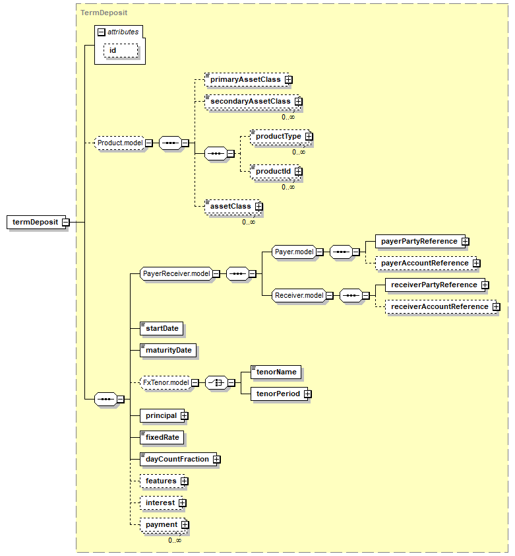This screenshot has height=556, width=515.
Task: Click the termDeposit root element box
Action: click(34, 222)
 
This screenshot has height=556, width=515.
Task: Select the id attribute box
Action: click(120, 50)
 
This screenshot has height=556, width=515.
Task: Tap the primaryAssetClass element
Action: click(245, 79)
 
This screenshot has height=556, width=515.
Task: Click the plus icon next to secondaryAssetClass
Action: click(298, 102)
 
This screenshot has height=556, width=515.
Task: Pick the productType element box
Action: click(278, 136)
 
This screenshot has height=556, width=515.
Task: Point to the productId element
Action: click(273, 171)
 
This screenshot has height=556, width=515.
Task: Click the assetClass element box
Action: click(230, 206)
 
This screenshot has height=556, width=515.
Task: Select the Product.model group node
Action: click(120, 143)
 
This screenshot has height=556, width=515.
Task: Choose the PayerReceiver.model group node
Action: click(176, 273)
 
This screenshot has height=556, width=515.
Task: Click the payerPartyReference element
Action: click(418, 241)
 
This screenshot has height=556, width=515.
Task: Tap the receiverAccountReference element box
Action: click(440, 306)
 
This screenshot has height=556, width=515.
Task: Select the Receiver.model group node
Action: click(299, 295)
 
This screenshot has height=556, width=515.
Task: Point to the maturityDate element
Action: click(168, 349)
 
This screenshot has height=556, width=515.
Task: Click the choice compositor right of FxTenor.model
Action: click(216, 382)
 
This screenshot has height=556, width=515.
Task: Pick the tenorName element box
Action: click(276, 372)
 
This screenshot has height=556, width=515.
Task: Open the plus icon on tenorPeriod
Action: click(307, 394)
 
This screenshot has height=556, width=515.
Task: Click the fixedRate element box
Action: click(162, 437)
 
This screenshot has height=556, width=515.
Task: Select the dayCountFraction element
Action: click(176, 459)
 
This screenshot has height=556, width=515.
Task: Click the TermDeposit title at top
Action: click(104, 12)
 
